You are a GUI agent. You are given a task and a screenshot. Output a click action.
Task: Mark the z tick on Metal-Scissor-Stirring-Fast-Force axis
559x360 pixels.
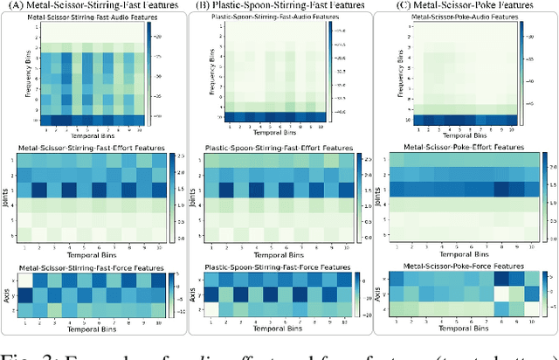tap(13, 310)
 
